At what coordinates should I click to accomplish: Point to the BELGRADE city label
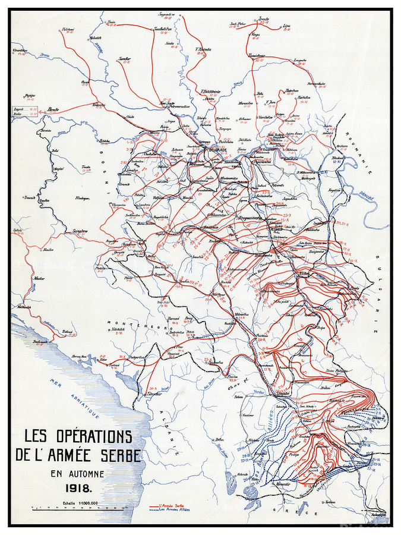pos(218,150)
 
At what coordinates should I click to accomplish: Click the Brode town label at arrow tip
pos(56,110)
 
